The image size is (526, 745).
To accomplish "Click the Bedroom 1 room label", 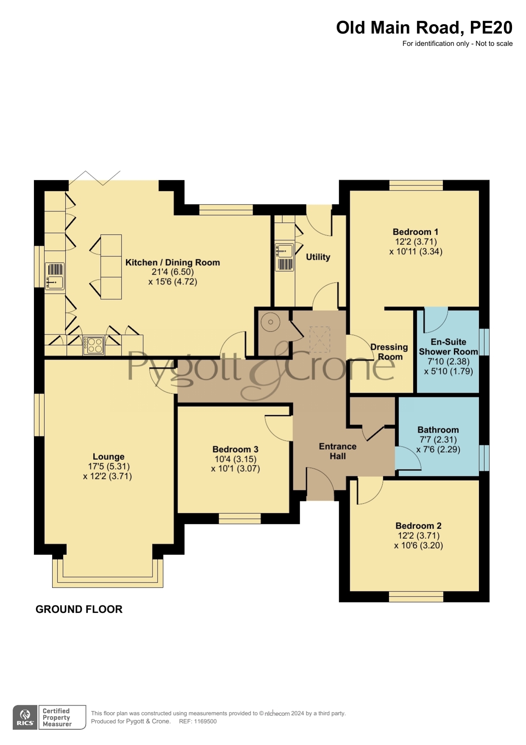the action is pos(415,232).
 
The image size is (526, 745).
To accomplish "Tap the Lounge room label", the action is pos(109,457).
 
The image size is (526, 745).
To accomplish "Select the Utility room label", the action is pos(318,257).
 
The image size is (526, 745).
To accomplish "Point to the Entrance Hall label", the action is pos(338,451).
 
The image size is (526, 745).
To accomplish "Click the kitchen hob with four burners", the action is pos(94,345).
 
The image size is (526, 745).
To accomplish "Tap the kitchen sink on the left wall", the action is pos(55,276).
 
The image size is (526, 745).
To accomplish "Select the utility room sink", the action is pos(284,256).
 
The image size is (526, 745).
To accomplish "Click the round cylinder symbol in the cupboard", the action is pos(270,323).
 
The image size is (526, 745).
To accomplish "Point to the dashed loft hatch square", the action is pos(320,339).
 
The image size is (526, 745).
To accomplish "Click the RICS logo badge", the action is pos(25,717).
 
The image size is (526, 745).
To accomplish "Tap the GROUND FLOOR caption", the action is pos(79,609).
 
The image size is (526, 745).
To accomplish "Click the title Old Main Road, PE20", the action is pos(424,28).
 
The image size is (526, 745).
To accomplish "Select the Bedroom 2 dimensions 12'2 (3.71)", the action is pos(418,536).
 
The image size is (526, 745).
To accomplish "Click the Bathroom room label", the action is pos(438,430).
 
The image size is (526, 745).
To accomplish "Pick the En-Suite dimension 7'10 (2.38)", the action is pos(448,361).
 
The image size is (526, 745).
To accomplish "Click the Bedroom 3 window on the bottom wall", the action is pos(240,518).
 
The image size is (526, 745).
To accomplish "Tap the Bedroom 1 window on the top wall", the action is pos(416,185).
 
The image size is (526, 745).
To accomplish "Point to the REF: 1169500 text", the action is pos(198,721).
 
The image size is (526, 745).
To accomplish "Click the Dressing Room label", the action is pos(390,352).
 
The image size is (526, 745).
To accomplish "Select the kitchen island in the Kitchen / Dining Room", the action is pos(111,267).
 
